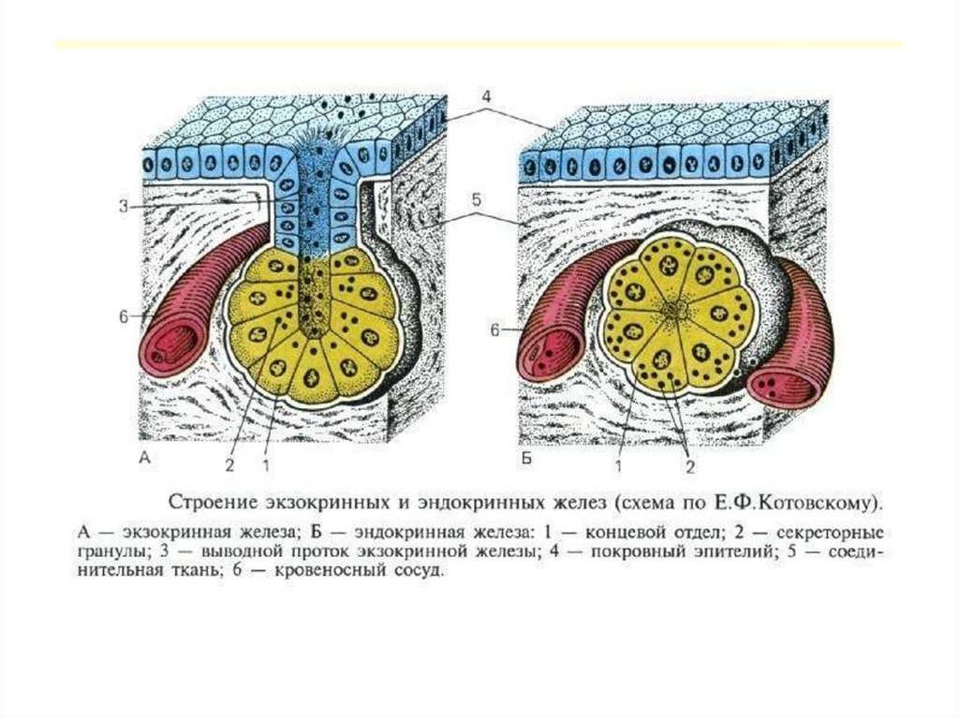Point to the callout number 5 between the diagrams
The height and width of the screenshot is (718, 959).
(x=477, y=199)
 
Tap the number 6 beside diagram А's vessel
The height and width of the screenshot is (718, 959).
(x=124, y=317)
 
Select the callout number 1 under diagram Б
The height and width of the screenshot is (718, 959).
(x=619, y=462)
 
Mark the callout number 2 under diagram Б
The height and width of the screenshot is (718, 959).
(x=688, y=466)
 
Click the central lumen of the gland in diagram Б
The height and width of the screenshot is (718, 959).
(x=673, y=305)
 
